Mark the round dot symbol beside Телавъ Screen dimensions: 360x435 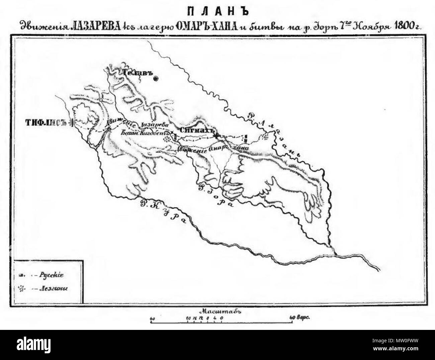(x=156, y=79)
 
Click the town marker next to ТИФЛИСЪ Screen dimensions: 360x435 (x=72, y=122)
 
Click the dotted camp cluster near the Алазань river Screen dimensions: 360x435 (x=265, y=136)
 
